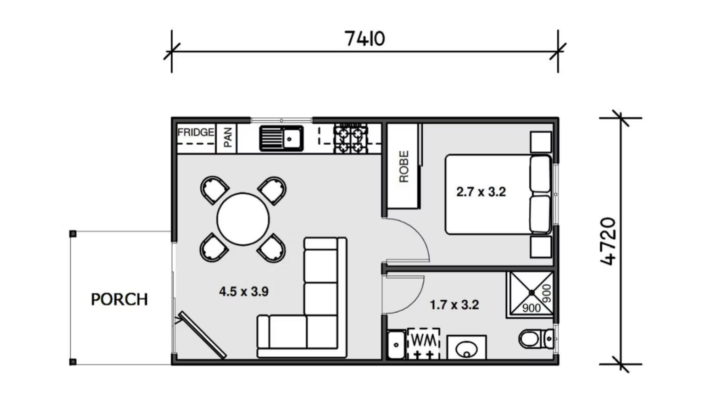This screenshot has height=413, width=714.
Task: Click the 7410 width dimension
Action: (365, 39)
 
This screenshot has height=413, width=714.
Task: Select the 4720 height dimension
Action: (608, 241)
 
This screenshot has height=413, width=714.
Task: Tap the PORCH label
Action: (119, 299)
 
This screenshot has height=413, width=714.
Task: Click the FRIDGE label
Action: (196, 132)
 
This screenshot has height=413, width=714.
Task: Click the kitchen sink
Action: (281, 139)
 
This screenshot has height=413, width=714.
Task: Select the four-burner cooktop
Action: (351, 139)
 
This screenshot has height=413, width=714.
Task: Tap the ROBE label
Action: (404, 166)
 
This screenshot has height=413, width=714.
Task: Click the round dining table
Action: (243, 219)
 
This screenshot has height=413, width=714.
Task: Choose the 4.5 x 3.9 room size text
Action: (244, 292)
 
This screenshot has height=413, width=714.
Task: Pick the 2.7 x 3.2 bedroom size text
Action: (481, 192)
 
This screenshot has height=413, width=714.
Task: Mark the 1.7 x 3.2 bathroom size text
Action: (454, 305)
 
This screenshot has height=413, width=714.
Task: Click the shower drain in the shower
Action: (532, 292)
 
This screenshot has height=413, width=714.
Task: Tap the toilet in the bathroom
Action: (537, 339)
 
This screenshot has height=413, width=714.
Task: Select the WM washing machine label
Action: (424, 340)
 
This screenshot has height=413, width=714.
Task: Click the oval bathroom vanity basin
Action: (467, 350)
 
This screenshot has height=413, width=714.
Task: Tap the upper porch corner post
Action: (73, 234)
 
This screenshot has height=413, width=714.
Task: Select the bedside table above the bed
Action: (541, 142)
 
